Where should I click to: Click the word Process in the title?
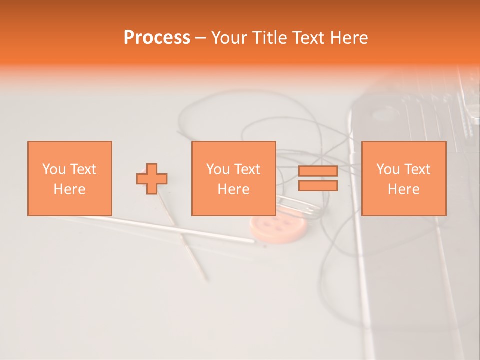(157, 38)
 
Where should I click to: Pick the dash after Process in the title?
(200, 38)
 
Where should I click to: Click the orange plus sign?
(152, 179)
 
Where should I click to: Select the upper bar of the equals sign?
(318, 171)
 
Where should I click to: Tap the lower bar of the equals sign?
(318, 186)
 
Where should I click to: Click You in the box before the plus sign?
(54, 169)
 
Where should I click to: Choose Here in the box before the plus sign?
(69, 189)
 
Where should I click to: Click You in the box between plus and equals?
(218, 169)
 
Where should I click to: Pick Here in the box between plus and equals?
(233, 189)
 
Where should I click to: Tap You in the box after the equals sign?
(388, 169)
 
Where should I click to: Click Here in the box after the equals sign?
(403, 189)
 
